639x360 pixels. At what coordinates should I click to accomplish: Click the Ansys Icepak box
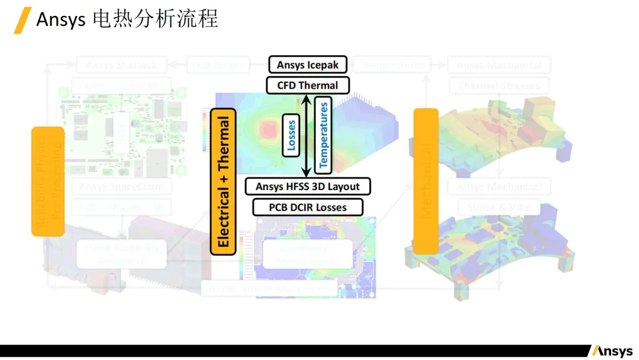[x=308, y=65]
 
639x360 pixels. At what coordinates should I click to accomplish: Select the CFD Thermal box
[x=308, y=85]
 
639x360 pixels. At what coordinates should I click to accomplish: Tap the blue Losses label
[x=291, y=135]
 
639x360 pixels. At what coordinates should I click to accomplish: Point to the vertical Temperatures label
[x=323, y=135]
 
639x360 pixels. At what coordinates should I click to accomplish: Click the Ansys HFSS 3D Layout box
[x=308, y=187]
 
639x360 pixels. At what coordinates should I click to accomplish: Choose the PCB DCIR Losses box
[x=308, y=207]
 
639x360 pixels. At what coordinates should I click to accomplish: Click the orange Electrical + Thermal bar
[x=223, y=182]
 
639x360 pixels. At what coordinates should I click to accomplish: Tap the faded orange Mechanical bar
[x=425, y=181]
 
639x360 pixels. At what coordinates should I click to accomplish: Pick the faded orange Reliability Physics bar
[x=47, y=181]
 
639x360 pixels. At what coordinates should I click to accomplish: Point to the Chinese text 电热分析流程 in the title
[x=156, y=20]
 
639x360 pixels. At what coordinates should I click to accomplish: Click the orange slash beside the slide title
[x=22, y=20]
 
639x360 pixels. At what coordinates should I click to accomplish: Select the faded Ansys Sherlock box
[x=121, y=65]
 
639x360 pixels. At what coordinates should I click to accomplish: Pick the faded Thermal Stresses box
[x=499, y=86]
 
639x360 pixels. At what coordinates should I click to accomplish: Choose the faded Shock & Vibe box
[x=499, y=208]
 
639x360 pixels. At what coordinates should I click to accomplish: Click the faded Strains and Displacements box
[x=269, y=288]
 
